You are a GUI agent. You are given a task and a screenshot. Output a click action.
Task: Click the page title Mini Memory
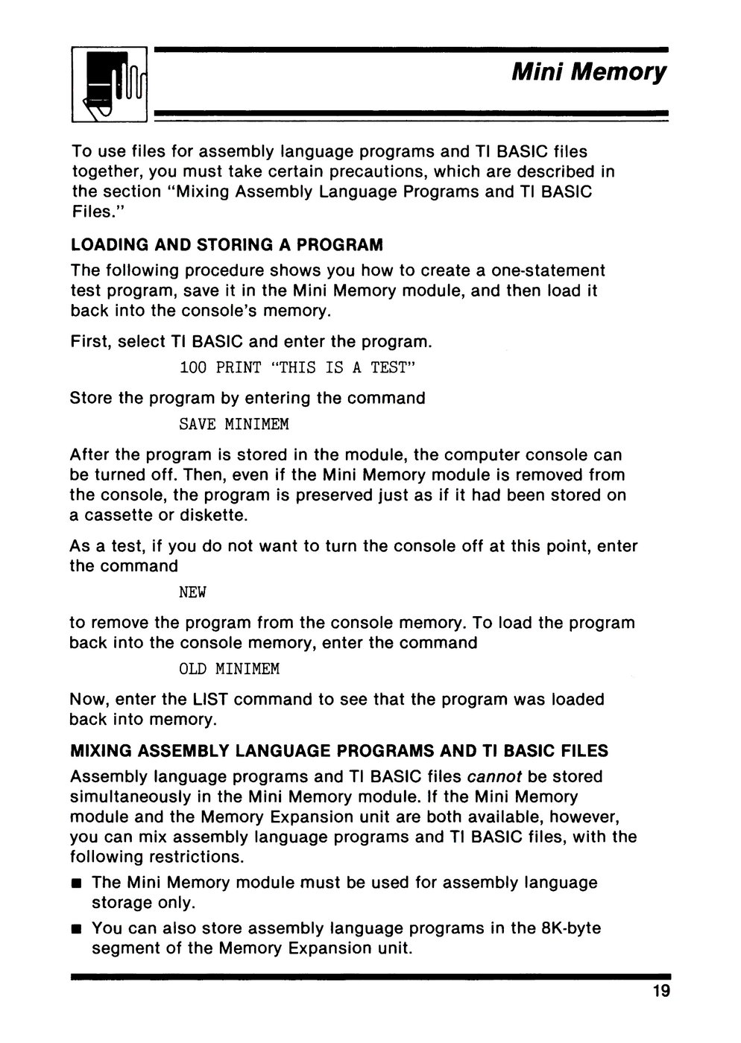click(588, 73)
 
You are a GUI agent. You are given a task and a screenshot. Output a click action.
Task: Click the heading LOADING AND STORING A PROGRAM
click(227, 245)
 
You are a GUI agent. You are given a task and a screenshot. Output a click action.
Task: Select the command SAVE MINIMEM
click(234, 425)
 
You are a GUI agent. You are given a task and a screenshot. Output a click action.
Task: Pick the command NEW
click(192, 593)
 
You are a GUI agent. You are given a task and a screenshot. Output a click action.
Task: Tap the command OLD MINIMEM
click(230, 669)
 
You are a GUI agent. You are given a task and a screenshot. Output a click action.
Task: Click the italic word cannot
click(498, 776)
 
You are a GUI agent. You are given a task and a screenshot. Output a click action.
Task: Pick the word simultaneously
click(126, 796)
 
